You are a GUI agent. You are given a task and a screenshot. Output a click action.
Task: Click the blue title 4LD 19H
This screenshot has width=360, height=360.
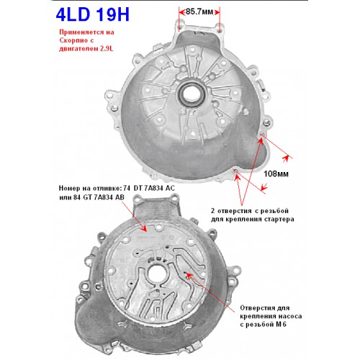tap(93, 14)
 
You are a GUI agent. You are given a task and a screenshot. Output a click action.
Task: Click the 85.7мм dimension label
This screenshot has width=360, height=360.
tap(199, 12)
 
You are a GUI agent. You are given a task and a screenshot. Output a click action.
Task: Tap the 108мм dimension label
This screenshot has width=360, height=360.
tap(276, 174)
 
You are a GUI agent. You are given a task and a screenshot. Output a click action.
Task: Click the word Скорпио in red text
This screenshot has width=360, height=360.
tap(73, 40)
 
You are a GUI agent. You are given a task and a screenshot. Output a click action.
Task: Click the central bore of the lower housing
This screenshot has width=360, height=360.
tap(156, 274)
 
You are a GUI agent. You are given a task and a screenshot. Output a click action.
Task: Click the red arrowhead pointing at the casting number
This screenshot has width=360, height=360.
tap(144, 228)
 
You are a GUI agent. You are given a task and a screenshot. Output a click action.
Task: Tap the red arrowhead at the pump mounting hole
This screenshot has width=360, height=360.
tap(189, 276)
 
